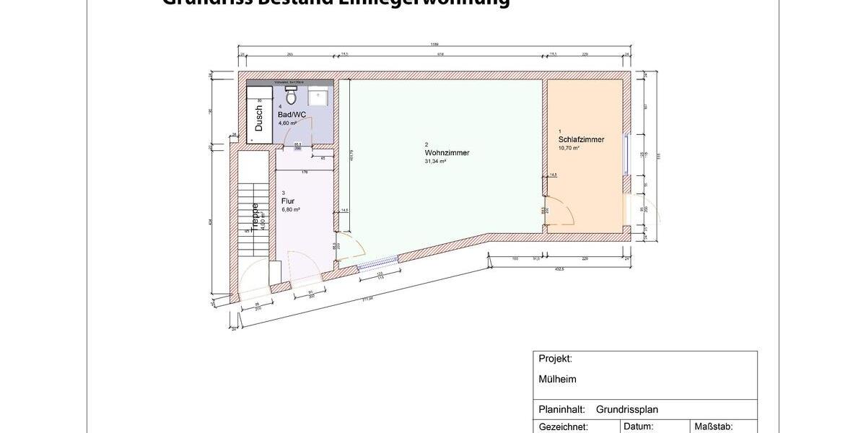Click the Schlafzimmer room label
coord(581,139)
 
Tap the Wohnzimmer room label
coord(447,153)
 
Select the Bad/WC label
coord(292,115)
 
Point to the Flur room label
coord(288,201)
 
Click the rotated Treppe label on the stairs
coord(255,216)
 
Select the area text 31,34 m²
coord(435,162)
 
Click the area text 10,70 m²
coord(569,148)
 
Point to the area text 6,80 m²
coord(290,210)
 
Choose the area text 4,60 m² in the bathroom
coord(287,123)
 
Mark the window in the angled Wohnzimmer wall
coord(379,263)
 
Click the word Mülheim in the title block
coord(557,379)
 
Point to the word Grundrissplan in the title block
coord(626,409)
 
